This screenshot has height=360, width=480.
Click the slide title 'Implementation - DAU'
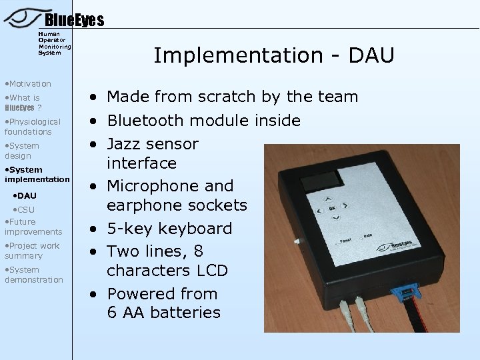click(x=274, y=55)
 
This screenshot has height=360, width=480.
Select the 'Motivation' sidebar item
click(x=28, y=83)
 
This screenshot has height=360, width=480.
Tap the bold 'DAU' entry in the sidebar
click(x=27, y=195)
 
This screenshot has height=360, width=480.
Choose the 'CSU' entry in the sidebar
click(x=26, y=210)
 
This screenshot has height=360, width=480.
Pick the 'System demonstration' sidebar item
click(x=33, y=275)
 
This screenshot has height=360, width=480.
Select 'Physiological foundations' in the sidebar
click(x=32, y=127)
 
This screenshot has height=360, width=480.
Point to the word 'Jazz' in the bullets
click(x=125, y=143)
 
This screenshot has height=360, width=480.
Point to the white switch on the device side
click(x=297, y=241)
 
